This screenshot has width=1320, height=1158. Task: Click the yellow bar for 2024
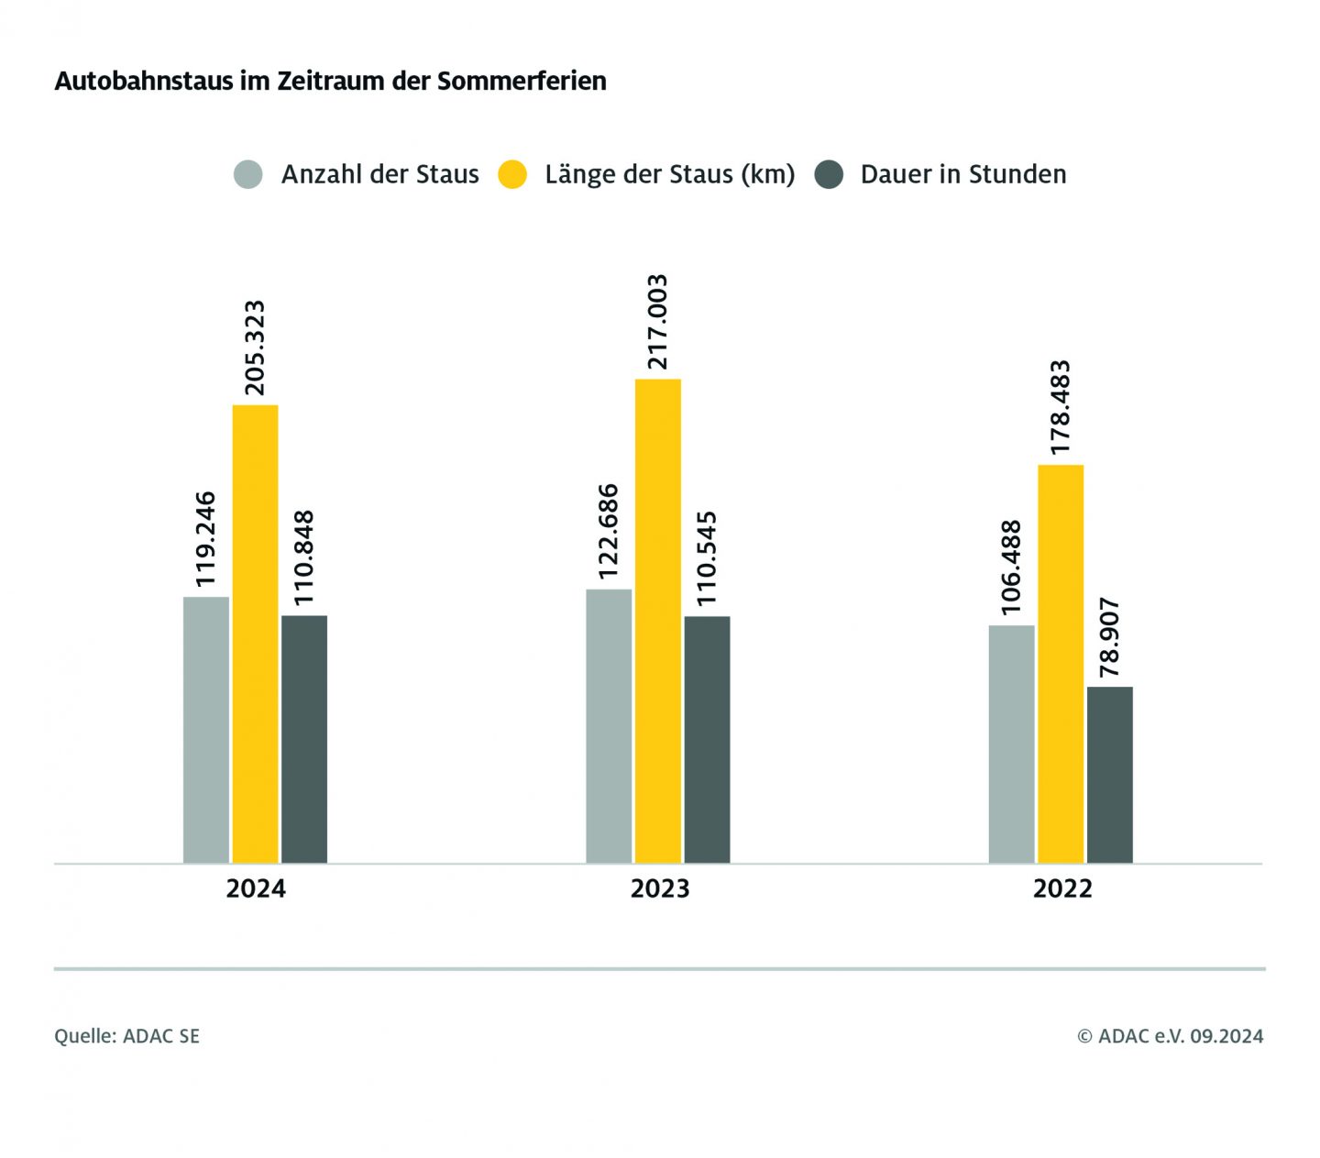pos(255,634)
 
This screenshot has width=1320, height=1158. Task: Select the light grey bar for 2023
pos(609,725)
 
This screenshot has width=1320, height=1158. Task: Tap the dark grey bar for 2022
pos(1109,775)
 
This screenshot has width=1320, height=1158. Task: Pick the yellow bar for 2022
pos(1061,664)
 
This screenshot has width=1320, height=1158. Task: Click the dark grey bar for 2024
pos(304,739)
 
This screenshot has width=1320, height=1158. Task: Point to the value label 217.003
pos(657,322)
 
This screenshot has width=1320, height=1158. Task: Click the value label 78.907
pos(1109,637)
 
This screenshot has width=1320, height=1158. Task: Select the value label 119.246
pos(205,539)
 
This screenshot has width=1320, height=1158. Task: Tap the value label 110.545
pos(707,558)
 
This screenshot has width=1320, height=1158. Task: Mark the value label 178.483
pos(1061,407)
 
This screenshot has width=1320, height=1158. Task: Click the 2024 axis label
pos(256,888)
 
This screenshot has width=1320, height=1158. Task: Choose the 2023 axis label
pos(659,888)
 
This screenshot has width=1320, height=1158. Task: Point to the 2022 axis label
pos(1062,888)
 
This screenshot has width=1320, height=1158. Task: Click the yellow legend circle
pos(512,174)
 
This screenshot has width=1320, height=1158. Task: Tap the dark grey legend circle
pos(829,174)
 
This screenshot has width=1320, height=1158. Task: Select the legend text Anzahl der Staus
pos(379,174)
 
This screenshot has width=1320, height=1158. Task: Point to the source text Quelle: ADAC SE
pos(126,1036)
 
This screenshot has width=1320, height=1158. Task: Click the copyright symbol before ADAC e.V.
pos(1084,1037)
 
